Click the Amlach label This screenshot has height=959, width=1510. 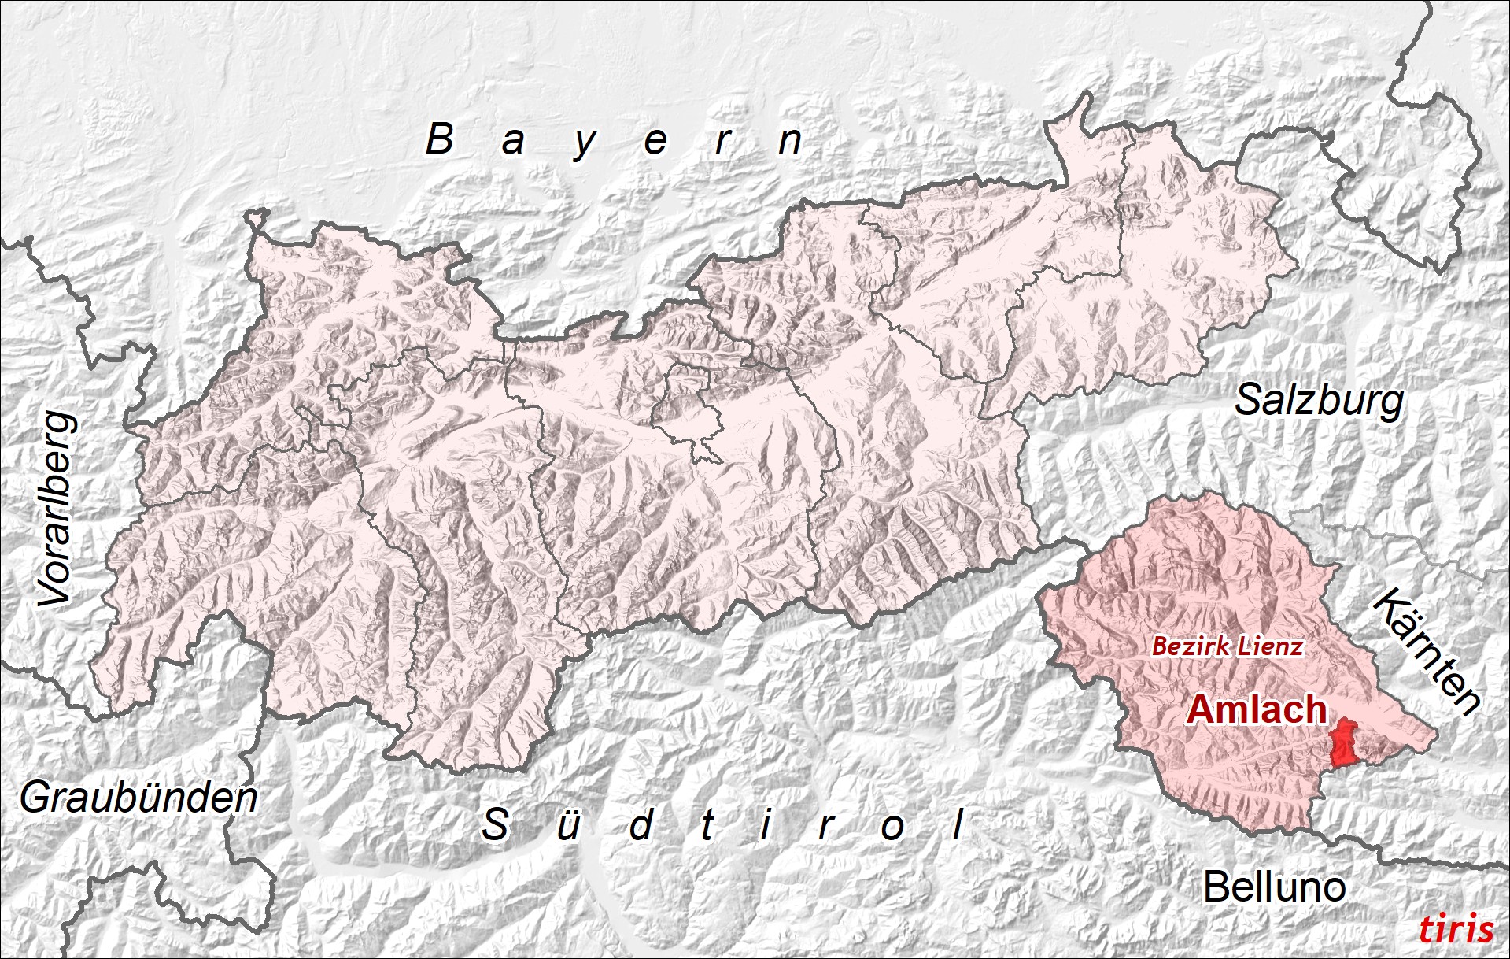[x=1257, y=709]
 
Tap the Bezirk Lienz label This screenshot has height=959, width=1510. [x=1228, y=646]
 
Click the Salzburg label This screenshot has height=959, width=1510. [x=1319, y=400]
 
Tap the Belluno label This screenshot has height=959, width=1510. [x=1274, y=887]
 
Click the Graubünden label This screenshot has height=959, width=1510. [x=138, y=798]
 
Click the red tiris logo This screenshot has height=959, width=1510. [x=1456, y=929]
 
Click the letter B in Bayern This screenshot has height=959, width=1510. [x=440, y=139]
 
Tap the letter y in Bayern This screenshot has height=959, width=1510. [x=584, y=144]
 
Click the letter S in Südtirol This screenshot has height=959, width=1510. [x=495, y=824]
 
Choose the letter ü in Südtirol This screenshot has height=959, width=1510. [x=567, y=826]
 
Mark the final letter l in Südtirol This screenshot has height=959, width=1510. [x=958, y=824]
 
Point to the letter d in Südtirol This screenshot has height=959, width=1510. [x=641, y=824]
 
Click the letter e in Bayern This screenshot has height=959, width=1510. [x=655, y=143]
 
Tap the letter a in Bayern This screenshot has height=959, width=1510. [x=513, y=143]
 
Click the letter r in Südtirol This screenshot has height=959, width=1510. [x=825, y=827]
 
